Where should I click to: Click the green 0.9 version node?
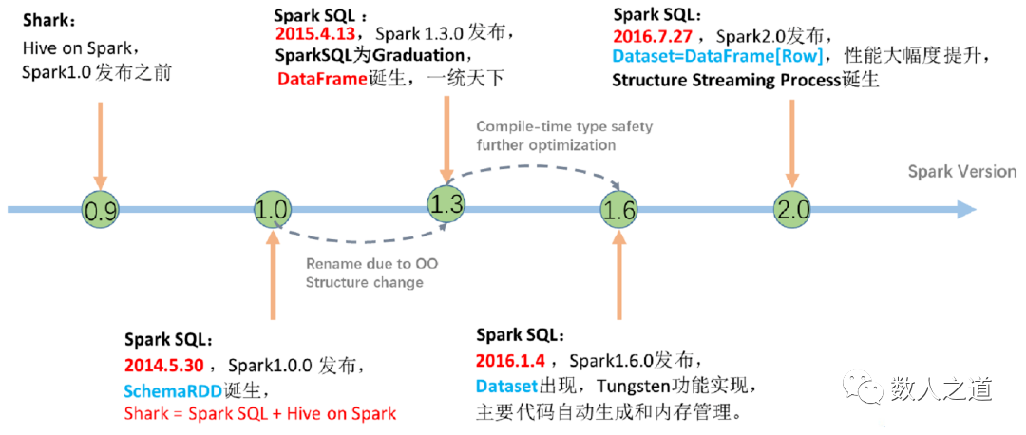tap(101, 209)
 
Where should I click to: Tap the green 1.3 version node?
tap(446, 201)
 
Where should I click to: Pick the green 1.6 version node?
tap(618, 210)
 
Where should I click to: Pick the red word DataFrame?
tap(322, 79)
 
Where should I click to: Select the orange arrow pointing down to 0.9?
tap(100, 142)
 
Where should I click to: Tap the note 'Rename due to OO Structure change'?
tap(365, 274)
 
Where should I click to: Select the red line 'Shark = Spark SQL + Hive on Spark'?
tap(259, 414)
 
